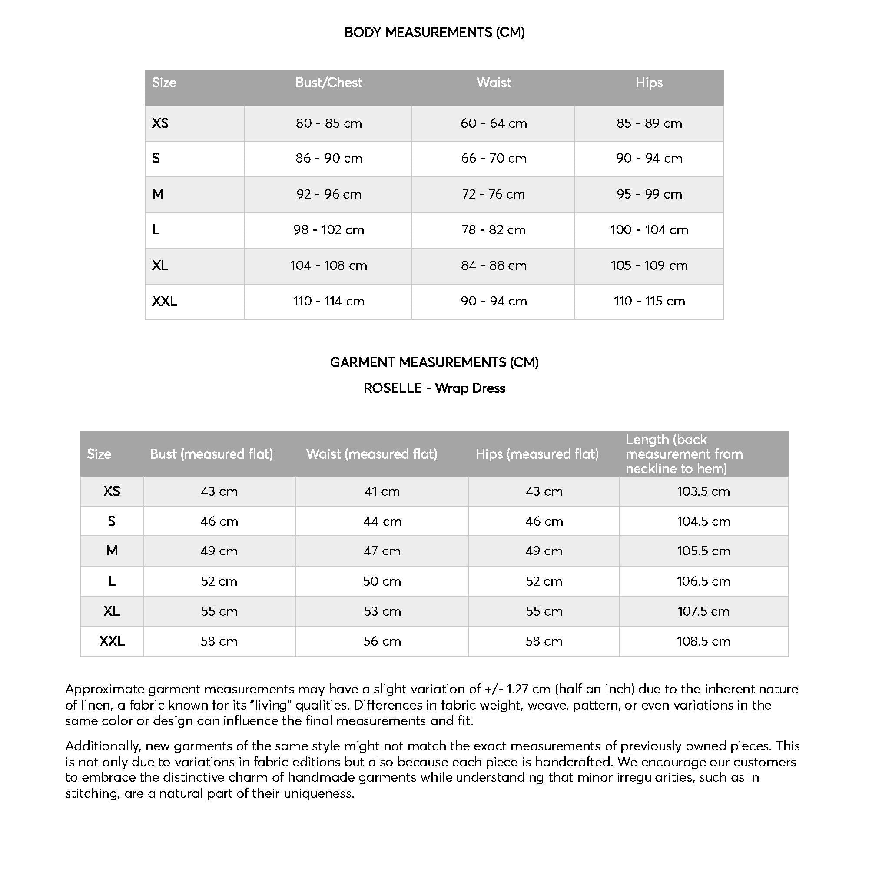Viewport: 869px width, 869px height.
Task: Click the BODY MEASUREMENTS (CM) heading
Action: pyautogui.click(x=434, y=33)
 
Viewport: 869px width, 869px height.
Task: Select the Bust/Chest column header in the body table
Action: pyautogui.click(x=328, y=83)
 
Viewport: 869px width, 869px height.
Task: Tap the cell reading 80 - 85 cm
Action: pyautogui.click(x=328, y=123)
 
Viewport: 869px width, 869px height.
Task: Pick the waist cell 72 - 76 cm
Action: pyautogui.click(x=493, y=194)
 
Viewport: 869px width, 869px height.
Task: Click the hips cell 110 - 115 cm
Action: pyautogui.click(x=649, y=301)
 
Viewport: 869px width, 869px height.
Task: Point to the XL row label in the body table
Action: pyautogui.click(x=160, y=265)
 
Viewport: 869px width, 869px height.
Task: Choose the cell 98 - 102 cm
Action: pyautogui.click(x=328, y=230)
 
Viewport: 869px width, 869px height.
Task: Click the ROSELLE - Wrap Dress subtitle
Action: pyautogui.click(x=434, y=388)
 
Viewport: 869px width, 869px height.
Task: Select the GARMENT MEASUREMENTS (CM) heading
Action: pyautogui.click(x=434, y=362)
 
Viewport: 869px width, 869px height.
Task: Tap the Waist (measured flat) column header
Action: pyautogui.click(x=371, y=454)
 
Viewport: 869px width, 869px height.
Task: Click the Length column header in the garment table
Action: pyautogui.click(x=683, y=454)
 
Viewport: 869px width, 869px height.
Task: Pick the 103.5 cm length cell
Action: pyautogui.click(x=703, y=491)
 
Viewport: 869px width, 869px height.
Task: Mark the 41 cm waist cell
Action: pyautogui.click(x=382, y=491)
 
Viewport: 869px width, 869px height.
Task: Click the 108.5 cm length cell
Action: pyautogui.click(x=703, y=641)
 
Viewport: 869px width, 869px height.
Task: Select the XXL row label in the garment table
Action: pyautogui.click(x=112, y=641)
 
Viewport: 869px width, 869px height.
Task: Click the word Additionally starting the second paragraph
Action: pyautogui.click(x=103, y=746)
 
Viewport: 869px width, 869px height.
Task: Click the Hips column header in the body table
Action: pyautogui.click(x=649, y=83)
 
